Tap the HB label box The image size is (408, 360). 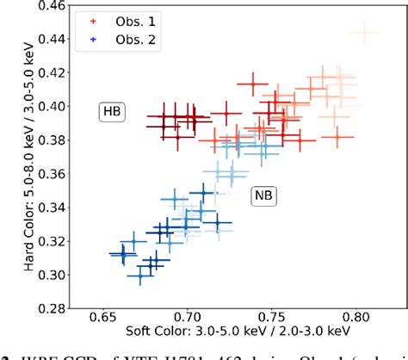[112, 111]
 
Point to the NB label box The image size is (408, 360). [263, 196]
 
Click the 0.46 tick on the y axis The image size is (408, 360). [53, 6]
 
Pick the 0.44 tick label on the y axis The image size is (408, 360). [53, 40]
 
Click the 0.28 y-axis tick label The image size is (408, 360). [53, 307]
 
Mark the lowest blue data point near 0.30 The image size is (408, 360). [141, 276]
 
